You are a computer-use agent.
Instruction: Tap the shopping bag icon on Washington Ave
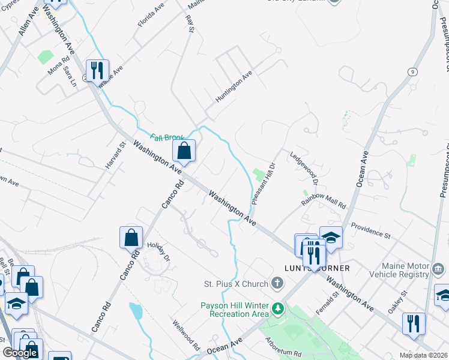click(184, 151)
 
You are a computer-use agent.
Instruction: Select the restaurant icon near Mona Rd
click(95, 70)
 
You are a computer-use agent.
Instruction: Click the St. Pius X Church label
click(236, 283)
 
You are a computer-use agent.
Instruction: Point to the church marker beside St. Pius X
click(277, 283)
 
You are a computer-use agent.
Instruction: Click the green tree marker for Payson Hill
click(277, 310)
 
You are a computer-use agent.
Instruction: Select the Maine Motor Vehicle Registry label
click(405, 271)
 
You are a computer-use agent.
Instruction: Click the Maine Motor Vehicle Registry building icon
click(438, 268)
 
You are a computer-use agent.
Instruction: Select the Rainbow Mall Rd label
click(324, 201)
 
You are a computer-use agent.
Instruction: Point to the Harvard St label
click(115, 155)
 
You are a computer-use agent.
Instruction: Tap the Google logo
click(20, 352)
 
